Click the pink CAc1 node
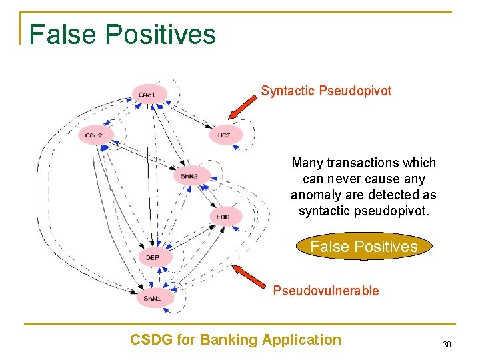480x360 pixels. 149,95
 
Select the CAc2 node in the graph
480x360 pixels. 95,135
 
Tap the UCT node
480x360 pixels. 225,135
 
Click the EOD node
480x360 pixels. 224,217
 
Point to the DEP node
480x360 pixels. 153,257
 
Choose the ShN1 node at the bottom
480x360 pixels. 153,297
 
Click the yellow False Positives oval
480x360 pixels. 364,247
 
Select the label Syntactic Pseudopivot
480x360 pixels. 326,91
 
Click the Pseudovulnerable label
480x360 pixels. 326,291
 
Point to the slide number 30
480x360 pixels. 446,344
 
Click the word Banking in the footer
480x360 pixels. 230,340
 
